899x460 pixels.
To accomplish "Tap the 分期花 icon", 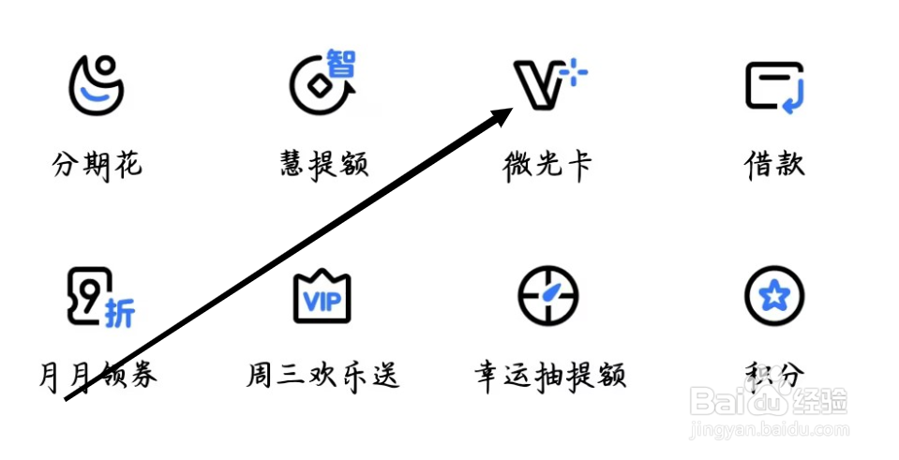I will [x=97, y=86].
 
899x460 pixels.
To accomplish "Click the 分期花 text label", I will [x=97, y=166].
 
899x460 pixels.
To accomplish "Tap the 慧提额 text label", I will [x=323, y=166].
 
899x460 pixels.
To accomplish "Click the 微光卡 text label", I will [x=547, y=166].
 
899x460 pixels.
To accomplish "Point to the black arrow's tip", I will [x=511, y=110].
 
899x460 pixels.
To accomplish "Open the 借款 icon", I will [x=775, y=88].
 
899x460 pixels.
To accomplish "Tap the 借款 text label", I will [x=774, y=166].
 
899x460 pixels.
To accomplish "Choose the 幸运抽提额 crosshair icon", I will [x=548, y=297].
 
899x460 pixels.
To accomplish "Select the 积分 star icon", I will [x=774, y=297].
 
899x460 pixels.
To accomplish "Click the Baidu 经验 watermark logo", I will [x=769, y=403].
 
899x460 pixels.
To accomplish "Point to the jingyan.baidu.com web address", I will [x=769, y=432].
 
